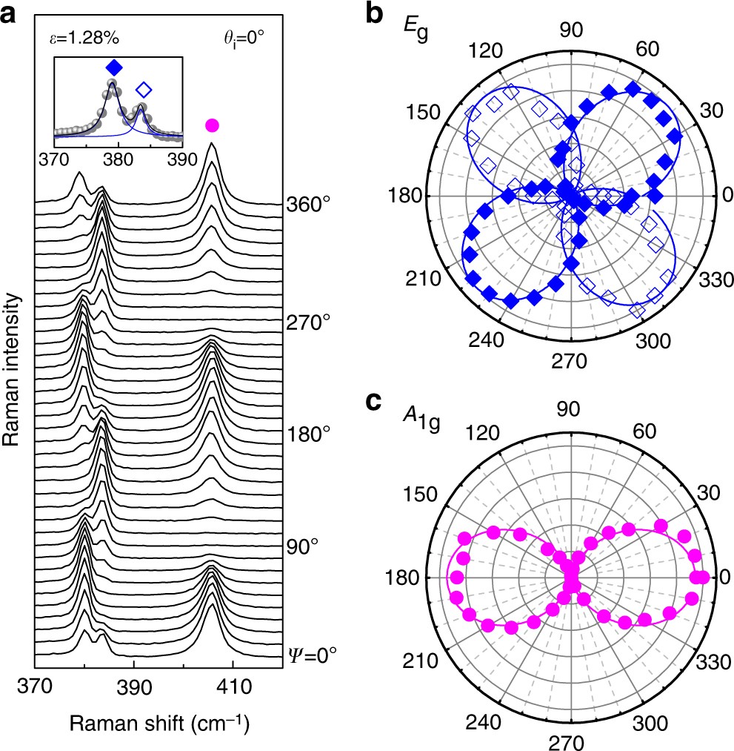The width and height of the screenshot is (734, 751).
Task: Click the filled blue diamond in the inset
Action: pos(114,69)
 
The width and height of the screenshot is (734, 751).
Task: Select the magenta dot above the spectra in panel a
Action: pos(213,125)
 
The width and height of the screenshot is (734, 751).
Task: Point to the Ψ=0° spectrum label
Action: pos(311,655)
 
